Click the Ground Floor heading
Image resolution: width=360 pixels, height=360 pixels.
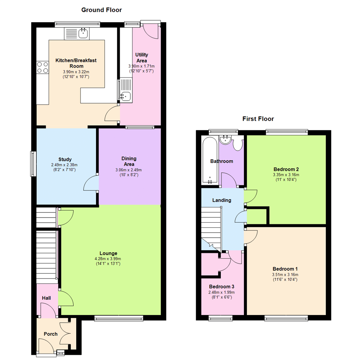coord(98,10)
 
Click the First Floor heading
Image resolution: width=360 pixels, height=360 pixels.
coord(258,119)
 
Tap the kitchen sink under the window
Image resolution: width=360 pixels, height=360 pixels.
coord(83,33)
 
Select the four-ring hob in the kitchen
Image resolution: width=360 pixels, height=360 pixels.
coord(42,67)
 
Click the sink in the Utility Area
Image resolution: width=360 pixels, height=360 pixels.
coord(126,96)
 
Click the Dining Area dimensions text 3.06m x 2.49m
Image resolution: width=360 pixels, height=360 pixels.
coord(129,170)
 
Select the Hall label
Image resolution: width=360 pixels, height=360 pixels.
coord(46,298)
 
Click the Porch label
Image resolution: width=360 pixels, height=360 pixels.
coord(51,334)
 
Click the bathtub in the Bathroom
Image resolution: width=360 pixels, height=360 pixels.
coord(210,160)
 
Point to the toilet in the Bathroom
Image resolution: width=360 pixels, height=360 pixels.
coord(238,144)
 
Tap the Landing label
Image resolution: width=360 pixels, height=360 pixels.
coord(222,200)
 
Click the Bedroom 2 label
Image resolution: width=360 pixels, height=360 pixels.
coord(286,169)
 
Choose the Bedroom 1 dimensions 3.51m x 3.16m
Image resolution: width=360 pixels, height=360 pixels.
coord(285,275)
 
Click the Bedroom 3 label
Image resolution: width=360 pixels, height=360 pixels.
coord(222,287)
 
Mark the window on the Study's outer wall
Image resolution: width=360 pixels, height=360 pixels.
coord(33,164)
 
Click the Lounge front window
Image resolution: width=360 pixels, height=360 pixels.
coord(119,319)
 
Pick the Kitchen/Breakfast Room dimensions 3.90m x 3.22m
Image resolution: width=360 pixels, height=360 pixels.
coord(76,72)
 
